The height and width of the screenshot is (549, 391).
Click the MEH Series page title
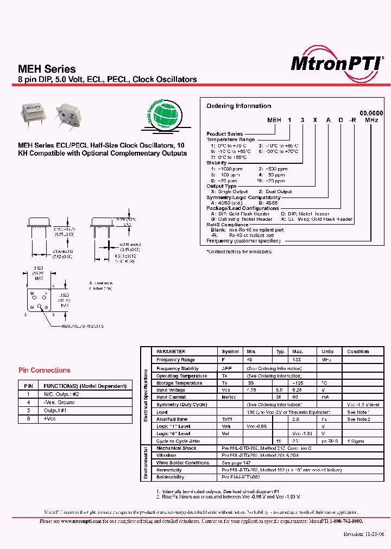[x=47, y=69]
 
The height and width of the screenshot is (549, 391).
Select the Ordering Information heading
[x=238, y=106]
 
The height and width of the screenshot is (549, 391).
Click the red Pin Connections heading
[x=45, y=371]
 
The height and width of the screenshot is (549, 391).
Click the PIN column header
[x=29, y=386]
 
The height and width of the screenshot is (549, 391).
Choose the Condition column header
[x=358, y=352]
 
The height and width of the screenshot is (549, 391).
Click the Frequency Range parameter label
[x=175, y=360]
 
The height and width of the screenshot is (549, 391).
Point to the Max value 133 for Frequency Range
[x=298, y=360]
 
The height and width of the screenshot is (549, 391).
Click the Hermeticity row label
[x=169, y=470]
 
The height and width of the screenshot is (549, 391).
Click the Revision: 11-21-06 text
[x=364, y=534]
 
